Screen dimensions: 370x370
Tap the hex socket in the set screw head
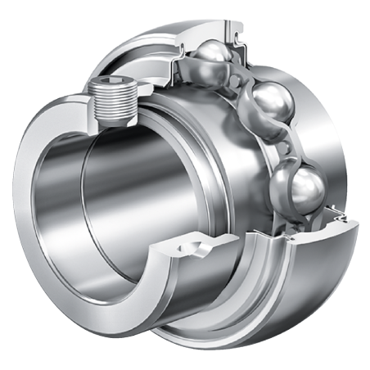point(112,84)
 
